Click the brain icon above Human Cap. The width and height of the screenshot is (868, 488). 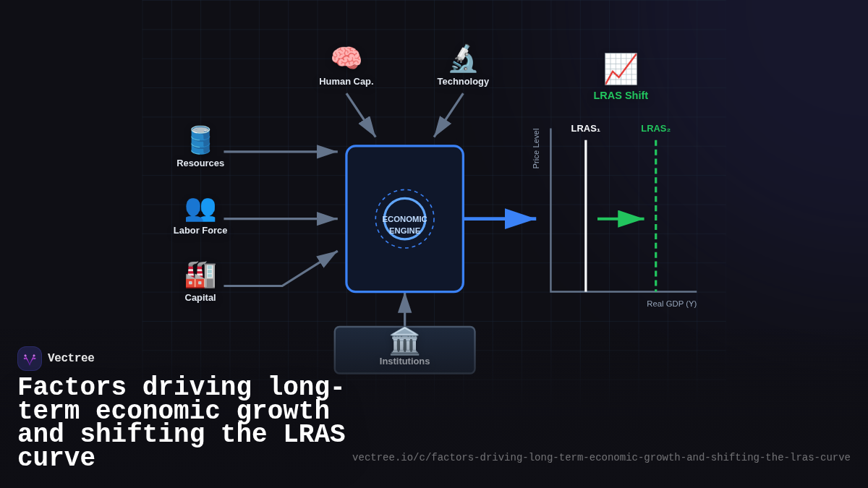346,59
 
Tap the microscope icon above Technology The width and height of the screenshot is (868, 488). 463,59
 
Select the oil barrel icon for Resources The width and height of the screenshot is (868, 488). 200,140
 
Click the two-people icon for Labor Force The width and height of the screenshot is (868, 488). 200,208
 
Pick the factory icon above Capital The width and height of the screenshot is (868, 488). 200,275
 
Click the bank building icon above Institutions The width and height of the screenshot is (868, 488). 404,341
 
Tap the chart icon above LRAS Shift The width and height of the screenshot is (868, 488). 621,69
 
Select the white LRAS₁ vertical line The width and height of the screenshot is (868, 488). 586,217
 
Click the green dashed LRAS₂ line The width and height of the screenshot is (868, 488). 656,217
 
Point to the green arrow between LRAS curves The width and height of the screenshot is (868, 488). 621,218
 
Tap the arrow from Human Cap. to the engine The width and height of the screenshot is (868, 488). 360,114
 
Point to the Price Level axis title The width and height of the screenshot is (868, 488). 536,148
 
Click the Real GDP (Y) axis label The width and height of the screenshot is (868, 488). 671,304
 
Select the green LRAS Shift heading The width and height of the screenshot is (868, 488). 621,95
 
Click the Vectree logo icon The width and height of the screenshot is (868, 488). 30,359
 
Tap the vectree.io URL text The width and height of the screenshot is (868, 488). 601,458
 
